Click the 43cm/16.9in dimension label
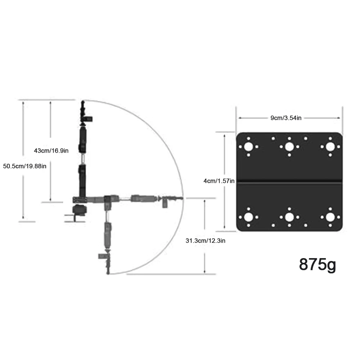[x=51, y=150]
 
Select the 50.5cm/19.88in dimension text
[x=24, y=166]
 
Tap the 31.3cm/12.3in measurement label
[x=205, y=241]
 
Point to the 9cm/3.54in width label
[x=286, y=118]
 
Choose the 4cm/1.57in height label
[x=219, y=181]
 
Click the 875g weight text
[x=318, y=265]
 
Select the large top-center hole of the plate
[x=289, y=147]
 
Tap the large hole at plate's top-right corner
[x=330, y=147]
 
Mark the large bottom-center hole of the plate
[x=289, y=217]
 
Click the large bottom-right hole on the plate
[x=330, y=217]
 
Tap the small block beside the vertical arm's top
[x=89, y=118]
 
